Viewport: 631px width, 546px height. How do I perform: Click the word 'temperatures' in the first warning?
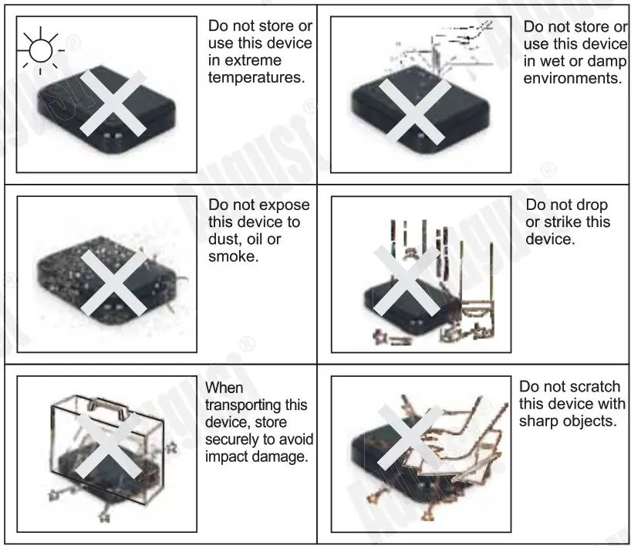[256, 77]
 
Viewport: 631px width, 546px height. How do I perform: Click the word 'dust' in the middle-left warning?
[224, 239]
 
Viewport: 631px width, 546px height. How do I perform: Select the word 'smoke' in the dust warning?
[233, 256]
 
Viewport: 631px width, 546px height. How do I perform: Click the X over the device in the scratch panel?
[409, 437]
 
